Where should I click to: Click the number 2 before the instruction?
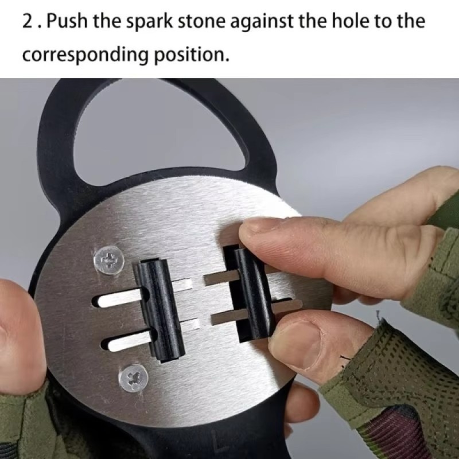[28, 21]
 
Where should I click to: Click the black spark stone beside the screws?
[161, 310]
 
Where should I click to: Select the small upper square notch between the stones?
[184, 284]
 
